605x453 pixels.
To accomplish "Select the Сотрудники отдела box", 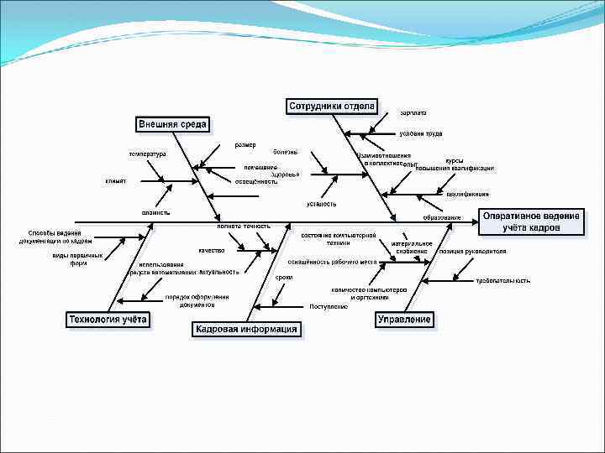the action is tap(332, 106).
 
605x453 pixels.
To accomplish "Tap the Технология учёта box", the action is tap(108, 319).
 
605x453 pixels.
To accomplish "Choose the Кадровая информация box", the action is tap(246, 329).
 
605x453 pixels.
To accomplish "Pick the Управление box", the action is tap(405, 319).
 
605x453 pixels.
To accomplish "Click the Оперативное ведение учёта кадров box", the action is tap(530, 221).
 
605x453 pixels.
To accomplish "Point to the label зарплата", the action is tap(413, 112).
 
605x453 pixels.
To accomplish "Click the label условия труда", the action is tap(420, 133).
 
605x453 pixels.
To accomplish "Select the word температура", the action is tap(147, 154).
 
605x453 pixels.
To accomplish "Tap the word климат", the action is tap(116, 180).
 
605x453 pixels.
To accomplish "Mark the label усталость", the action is tap(322, 203).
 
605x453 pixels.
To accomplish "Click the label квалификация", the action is tap(468, 194).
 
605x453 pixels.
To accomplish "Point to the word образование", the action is tap(442, 217).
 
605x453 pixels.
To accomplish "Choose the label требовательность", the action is tap(502, 280).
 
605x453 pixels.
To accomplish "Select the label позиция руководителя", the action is tap(479, 251).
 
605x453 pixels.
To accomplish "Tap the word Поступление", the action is tap(329, 306).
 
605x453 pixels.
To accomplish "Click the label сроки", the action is tap(284, 277).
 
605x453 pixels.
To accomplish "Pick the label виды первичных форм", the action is tap(78, 259).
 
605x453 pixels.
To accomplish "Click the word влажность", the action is tap(155, 212).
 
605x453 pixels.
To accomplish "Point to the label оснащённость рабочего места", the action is tap(338, 262).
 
